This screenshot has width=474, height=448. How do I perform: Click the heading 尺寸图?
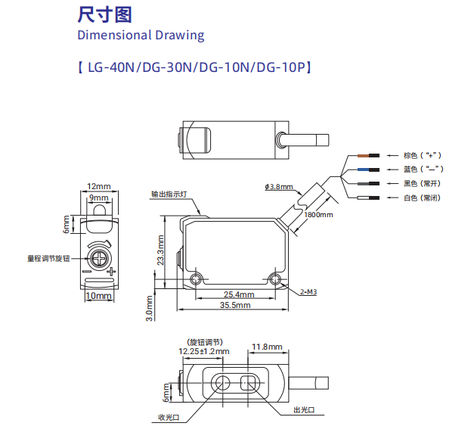(104, 14)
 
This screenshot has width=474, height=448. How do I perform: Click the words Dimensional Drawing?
(141, 35)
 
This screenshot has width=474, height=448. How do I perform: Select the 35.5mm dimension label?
(235, 305)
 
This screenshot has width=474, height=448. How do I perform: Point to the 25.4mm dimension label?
(239, 294)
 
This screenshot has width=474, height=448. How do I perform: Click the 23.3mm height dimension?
(160, 250)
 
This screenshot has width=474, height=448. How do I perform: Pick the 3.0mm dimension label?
(150, 309)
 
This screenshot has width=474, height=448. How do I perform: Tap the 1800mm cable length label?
(318, 215)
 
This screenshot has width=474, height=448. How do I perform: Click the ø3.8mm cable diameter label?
(279, 187)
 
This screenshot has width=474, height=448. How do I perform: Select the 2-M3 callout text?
(308, 292)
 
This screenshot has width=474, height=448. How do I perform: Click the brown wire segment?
(364, 156)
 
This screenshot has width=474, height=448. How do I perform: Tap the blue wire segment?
(364, 170)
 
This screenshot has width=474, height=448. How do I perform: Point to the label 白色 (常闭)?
(422, 198)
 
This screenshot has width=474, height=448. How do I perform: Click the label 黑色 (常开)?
(422, 183)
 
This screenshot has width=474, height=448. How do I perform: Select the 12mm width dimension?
(99, 186)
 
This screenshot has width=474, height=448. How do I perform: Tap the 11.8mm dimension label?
(267, 347)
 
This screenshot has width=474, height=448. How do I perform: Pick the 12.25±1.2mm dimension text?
(204, 351)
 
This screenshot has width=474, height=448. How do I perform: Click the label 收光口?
(169, 418)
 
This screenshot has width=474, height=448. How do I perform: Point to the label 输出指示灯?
(169, 194)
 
